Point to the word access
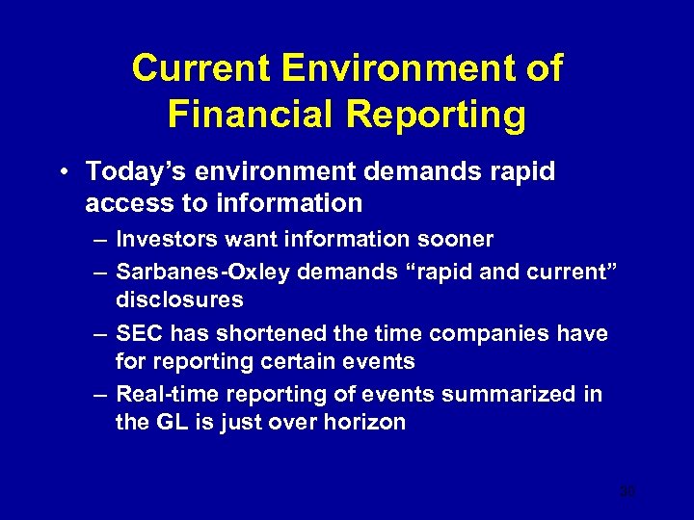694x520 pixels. (x=126, y=203)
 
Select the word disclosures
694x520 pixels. (x=179, y=299)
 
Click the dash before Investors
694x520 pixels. (x=99, y=239)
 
